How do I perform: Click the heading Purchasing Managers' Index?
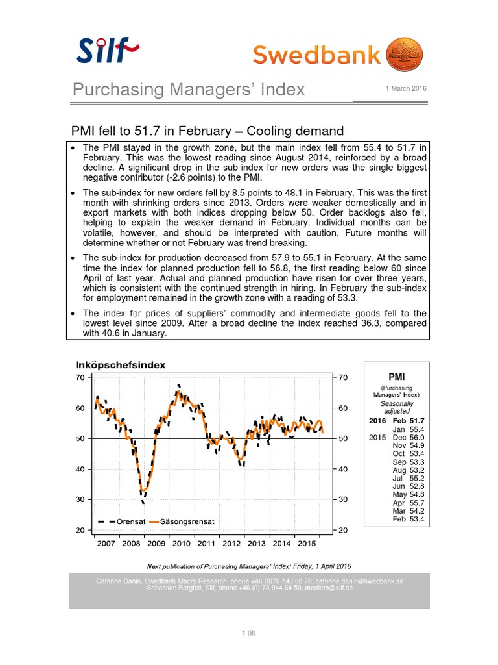click(x=188, y=89)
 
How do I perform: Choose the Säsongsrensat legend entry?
click(x=182, y=521)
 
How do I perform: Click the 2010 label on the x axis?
click(x=181, y=543)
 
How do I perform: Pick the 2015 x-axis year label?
click(x=307, y=543)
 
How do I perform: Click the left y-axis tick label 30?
click(x=81, y=499)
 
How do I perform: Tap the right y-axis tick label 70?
click(x=343, y=377)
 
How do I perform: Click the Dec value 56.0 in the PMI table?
click(x=417, y=438)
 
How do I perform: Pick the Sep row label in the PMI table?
click(x=399, y=462)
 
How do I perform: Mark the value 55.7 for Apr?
click(x=417, y=503)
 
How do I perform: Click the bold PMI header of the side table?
click(x=397, y=376)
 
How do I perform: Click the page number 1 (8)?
click(x=249, y=634)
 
